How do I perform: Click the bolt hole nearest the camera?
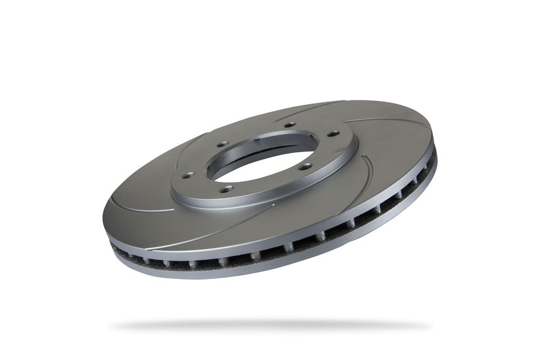[x=227, y=188]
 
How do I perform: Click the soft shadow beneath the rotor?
[x=270, y=325]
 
